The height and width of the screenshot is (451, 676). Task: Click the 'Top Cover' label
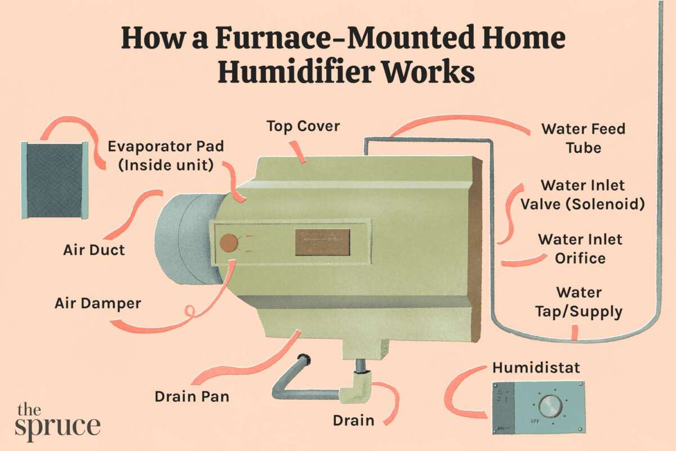point(303,126)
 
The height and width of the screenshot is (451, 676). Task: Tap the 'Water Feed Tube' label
point(583,138)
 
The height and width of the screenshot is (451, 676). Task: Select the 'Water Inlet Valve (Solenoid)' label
point(582,194)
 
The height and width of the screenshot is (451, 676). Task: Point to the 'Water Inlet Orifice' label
point(580,249)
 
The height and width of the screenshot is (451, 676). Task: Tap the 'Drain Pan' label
point(192,396)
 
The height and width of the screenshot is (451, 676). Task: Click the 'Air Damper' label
point(97,303)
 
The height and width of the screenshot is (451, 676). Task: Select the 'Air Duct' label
point(94,249)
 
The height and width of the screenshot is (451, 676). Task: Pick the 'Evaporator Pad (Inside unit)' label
point(166,155)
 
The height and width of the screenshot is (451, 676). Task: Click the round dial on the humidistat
point(550,406)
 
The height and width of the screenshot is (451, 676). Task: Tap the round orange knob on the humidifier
point(229,243)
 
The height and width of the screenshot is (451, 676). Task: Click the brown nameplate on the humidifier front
point(322,242)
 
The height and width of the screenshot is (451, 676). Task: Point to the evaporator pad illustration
point(55,180)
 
